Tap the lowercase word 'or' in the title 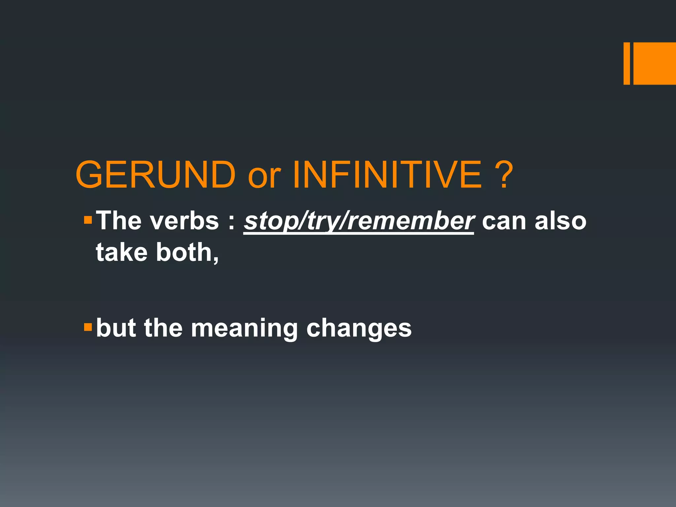(x=264, y=178)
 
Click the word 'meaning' (x=244, y=329)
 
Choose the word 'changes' (x=359, y=329)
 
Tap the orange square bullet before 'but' (x=88, y=327)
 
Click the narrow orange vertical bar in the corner (x=626, y=63)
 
